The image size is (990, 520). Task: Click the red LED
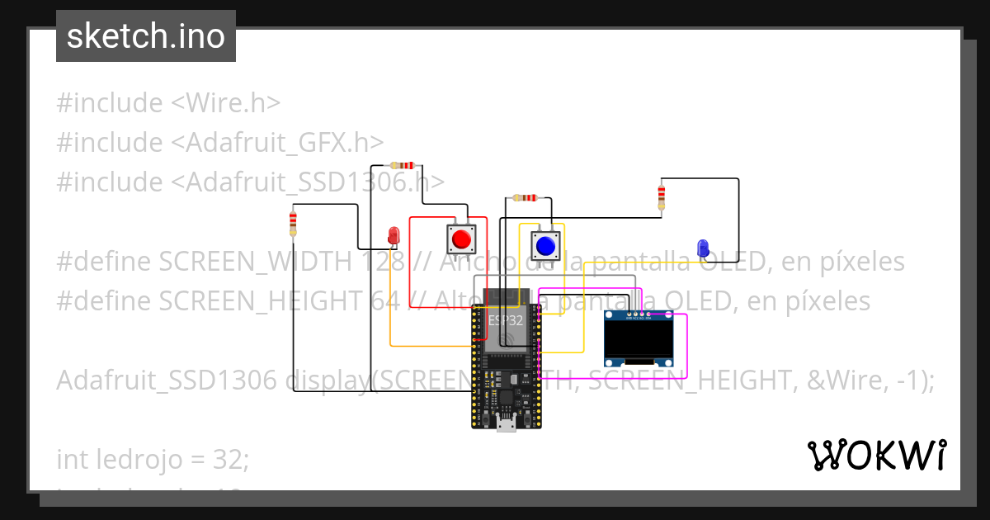coord(394,235)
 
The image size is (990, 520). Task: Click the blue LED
coord(703,247)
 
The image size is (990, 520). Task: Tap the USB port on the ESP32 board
coord(505,424)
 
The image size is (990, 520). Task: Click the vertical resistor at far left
coord(293,221)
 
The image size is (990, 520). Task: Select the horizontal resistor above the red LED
coord(402,165)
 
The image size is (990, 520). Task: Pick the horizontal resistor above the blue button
coord(525,198)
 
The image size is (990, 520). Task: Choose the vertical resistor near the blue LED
coord(661,196)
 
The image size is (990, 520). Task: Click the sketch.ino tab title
coord(146,36)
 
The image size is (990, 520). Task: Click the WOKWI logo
coord(876,455)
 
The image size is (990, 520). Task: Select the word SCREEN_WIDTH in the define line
coord(255,262)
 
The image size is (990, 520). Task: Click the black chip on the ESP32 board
coord(505,398)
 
